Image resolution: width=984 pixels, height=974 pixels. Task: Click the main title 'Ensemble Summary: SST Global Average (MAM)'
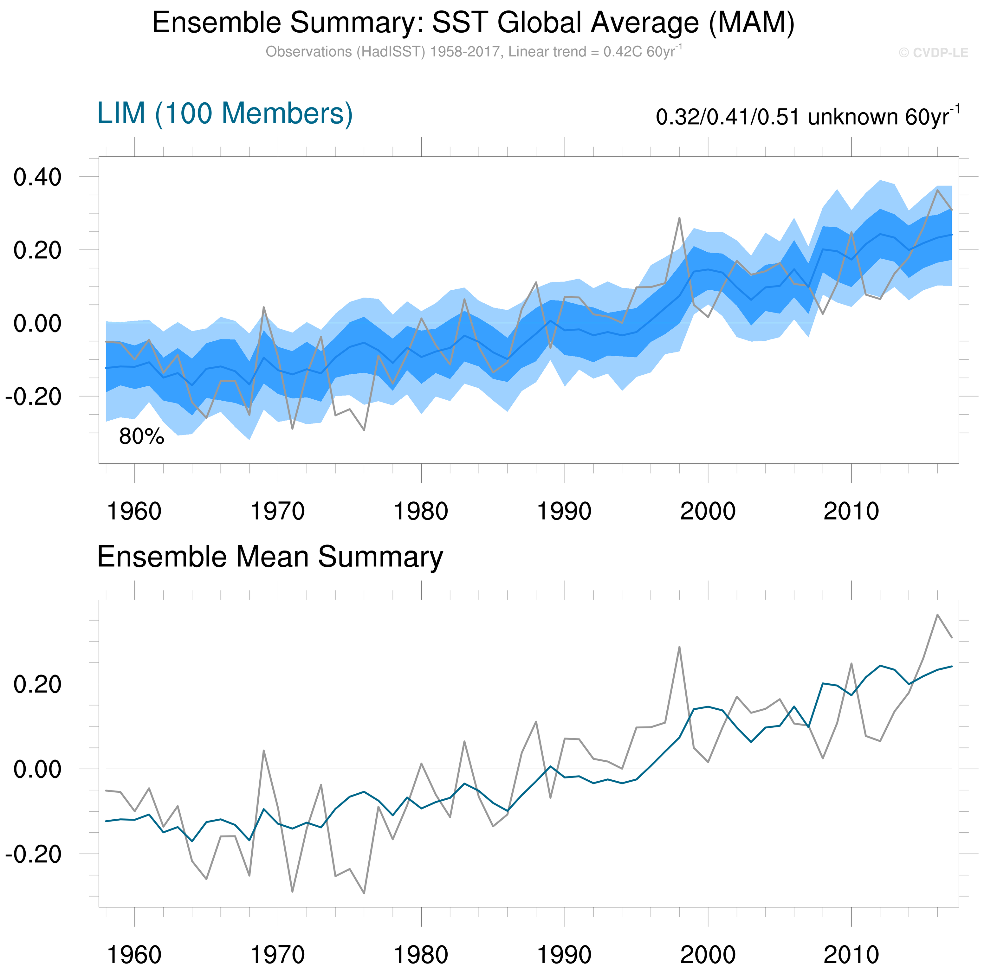tap(473, 23)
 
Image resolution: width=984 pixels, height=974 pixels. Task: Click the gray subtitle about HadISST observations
tap(473, 52)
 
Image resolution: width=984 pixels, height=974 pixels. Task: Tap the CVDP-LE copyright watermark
tap(933, 53)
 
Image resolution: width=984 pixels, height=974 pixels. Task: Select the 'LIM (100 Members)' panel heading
tap(225, 113)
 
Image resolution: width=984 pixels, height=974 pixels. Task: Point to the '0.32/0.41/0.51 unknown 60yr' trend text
tap(807, 117)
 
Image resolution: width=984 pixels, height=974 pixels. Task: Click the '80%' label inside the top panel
tap(142, 437)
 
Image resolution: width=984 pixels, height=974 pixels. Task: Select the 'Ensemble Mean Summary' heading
tap(270, 557)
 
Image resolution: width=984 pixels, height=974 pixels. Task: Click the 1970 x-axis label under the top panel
tap(278, 511)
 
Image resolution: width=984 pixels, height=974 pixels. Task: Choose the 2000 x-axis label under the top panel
tap(708, 511)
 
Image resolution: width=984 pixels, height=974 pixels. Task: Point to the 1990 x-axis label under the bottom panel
tap(564, 955)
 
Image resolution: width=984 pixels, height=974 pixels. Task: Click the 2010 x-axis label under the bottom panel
tap(851, 955)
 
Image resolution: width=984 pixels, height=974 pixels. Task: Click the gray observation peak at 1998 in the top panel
tap(679, 218)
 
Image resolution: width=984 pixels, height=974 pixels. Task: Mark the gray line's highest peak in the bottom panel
tap(937, 615)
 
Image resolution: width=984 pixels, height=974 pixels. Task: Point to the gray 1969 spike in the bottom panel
tap(264, 751)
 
